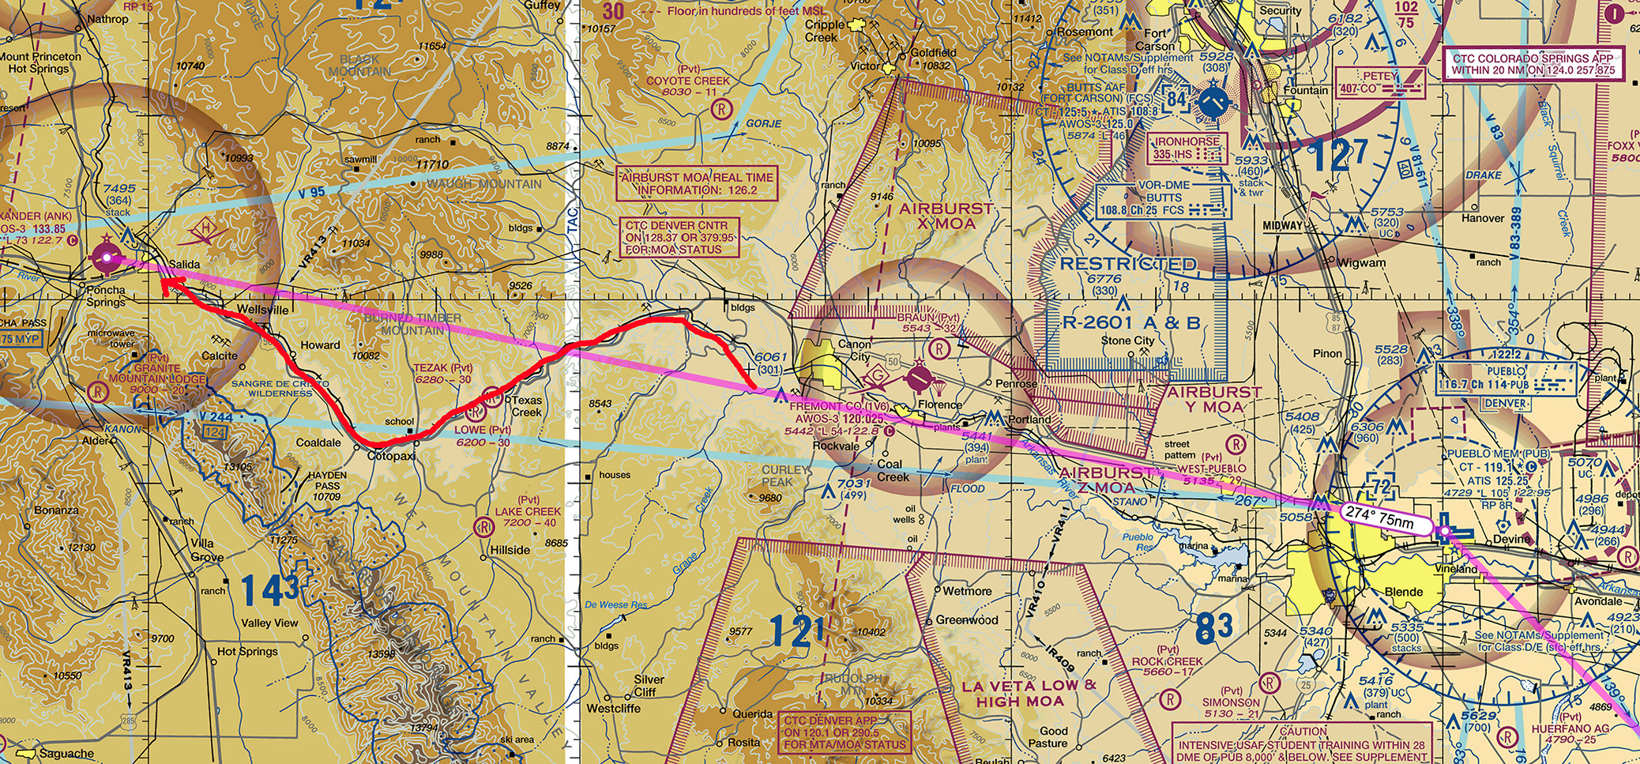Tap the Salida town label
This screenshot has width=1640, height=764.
click(185, 265)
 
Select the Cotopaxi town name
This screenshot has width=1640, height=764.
click(392, 457)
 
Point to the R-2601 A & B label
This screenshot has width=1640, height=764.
click(1131, 322)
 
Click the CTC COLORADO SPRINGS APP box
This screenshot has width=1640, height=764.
click(1533, 64)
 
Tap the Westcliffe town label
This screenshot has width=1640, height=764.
click(613, 709)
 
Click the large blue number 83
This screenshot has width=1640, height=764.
click(1214, 627)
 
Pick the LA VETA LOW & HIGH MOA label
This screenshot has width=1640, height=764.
click(1029, 693)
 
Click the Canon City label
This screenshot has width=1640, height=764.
click(854, 350)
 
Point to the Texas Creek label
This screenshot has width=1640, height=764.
click(527, 406)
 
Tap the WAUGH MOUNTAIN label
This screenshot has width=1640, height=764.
click(484, 184)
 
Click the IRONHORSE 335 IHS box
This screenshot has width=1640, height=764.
click(1186, 148)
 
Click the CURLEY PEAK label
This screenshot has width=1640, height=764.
click(785, 476)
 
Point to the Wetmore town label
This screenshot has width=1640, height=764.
click(967, 591)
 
